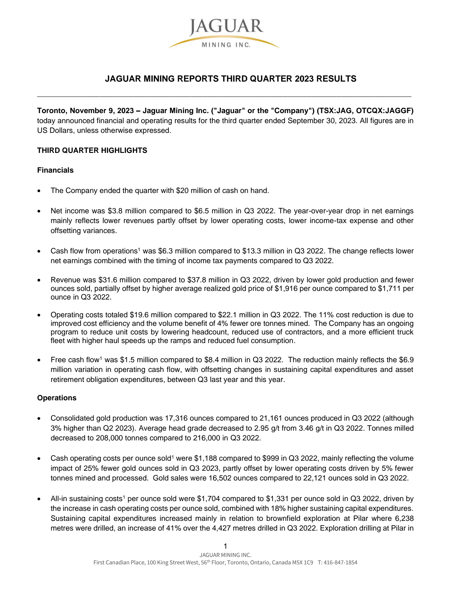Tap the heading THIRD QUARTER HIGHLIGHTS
pyautogui.click(x=92, y=151)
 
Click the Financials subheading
pyautogui.click(x=55, y=170)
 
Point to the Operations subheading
pyautogui.click(x=57, y=398)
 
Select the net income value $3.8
pyautogui.click(x=114, y=211)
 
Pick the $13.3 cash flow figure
pyautogui.click(x=251, y=251)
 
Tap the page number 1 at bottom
pyautogui.click(x=225, y=546)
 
